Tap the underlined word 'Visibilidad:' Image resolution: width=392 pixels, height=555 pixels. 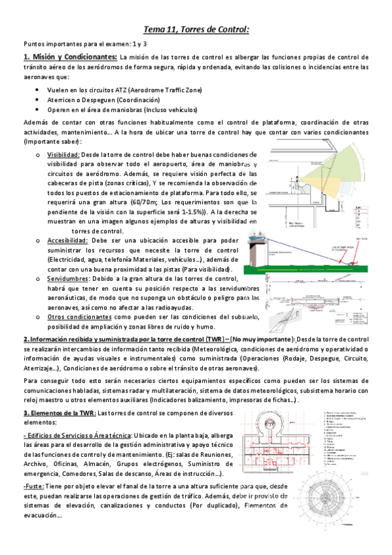pyautogui.click(x=63, y=154)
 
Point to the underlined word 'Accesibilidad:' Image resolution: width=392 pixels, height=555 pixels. pyautogui.click(x=67, y=240)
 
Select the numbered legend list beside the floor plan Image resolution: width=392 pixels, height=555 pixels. pyautogui.click(x=353, y=442)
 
